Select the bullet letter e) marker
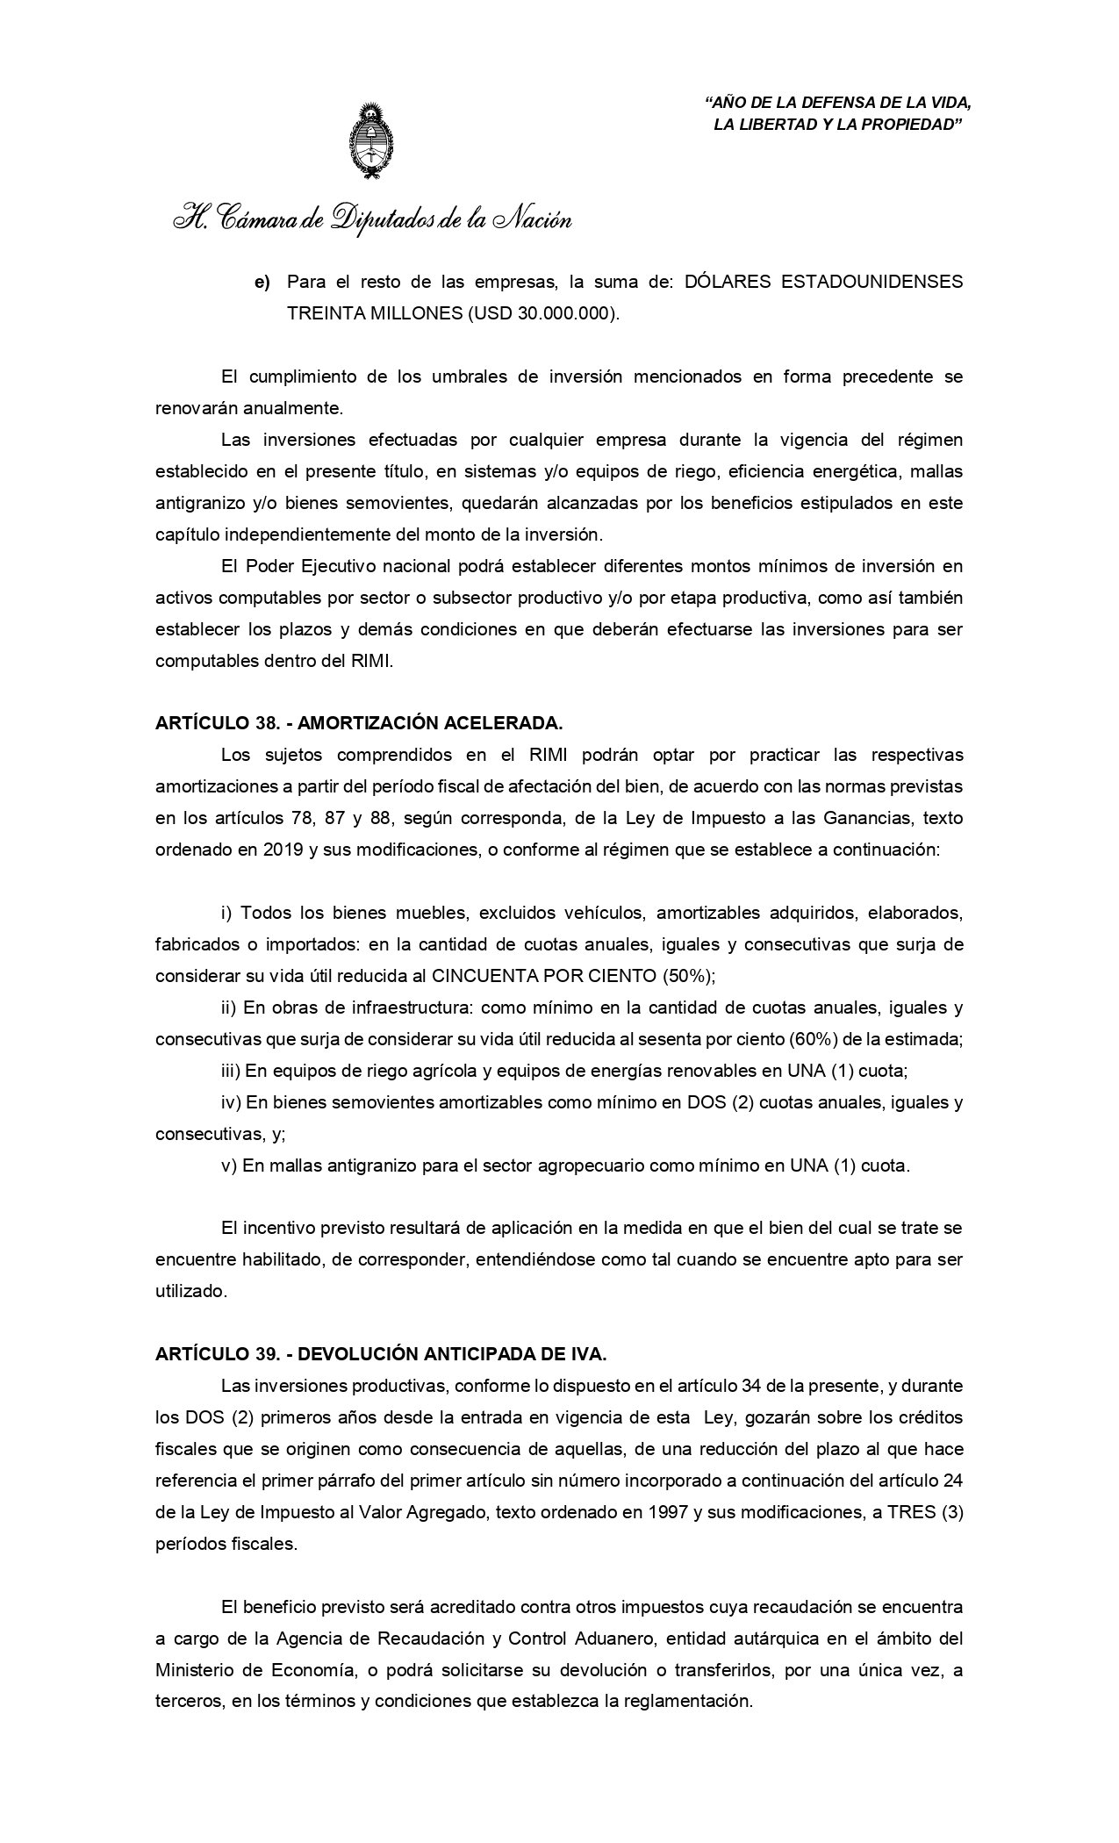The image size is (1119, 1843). [x=262, y=283]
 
